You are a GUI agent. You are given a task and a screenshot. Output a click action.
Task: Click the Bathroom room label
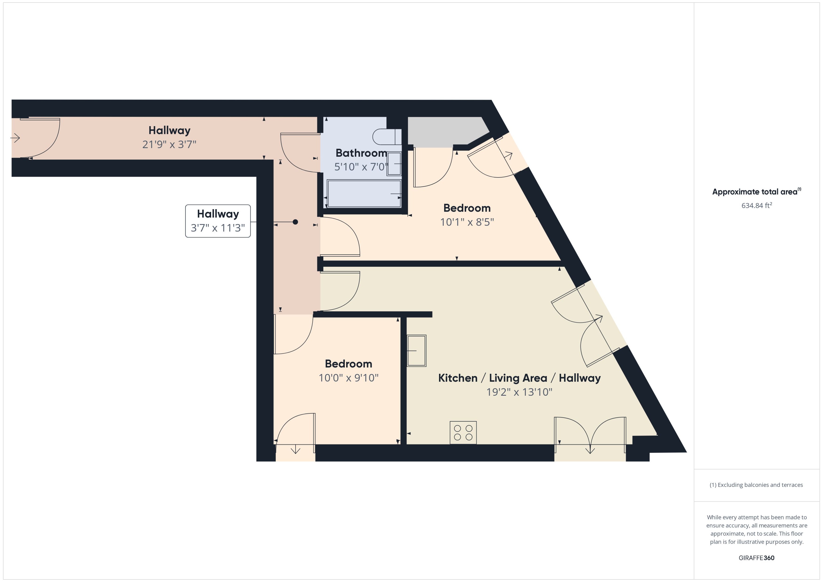(x=361, y=153)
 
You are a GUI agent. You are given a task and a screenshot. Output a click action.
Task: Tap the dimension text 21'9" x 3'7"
(x=169, y=145)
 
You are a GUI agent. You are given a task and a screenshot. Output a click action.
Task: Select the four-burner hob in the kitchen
(x=463, y=433)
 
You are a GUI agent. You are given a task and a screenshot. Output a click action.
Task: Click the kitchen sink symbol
(x=416, y=351)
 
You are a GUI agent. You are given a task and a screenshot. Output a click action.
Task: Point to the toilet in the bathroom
(x=387, y=137)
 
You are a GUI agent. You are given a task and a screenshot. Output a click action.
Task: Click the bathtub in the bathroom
(x=364, y=194)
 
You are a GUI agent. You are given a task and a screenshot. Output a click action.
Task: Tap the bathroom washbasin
(x=394, y=164)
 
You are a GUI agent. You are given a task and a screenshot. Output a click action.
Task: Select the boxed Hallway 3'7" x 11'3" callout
(x=218, y=221)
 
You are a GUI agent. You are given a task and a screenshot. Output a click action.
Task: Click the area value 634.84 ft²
(x=756, y=205)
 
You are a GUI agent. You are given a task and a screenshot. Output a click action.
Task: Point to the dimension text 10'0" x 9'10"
(x=348, y=378)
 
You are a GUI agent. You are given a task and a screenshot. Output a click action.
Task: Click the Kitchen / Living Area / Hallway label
(x=519, y=378)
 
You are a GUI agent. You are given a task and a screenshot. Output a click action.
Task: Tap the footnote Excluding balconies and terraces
(x=756, y=485)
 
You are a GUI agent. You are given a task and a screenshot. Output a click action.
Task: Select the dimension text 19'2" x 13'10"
(x=519, y=392)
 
